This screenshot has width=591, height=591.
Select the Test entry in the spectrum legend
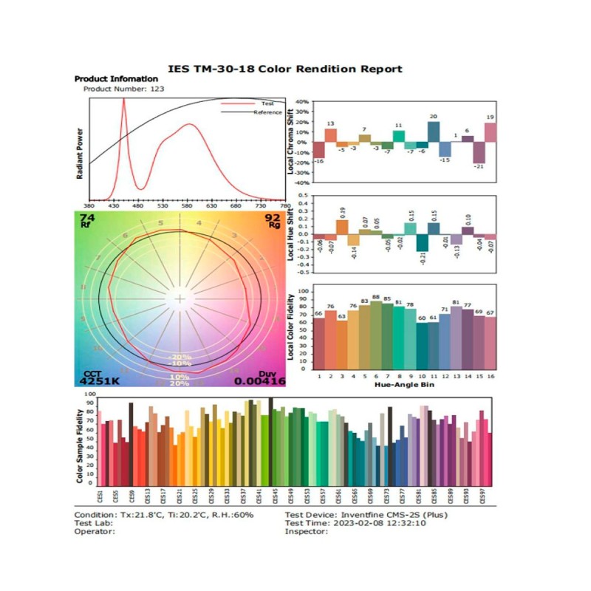(267, 104)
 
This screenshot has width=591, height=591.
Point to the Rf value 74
(87, 218)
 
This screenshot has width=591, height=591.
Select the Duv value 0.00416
(259, 381)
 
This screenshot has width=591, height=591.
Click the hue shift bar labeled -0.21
(422, 243)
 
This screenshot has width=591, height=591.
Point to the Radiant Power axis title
(79, 151)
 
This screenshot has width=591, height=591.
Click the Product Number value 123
(155, 89)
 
